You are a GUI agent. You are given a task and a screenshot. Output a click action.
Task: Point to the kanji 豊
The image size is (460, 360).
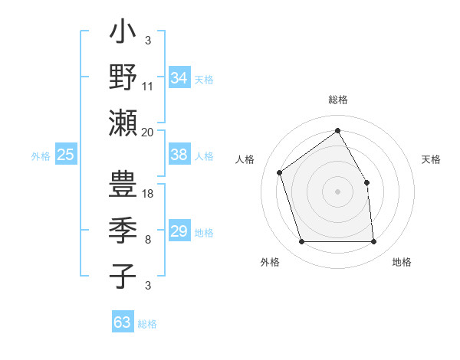[x=123, y=188]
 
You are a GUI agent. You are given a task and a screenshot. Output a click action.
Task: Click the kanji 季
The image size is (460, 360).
[x=123, y=232]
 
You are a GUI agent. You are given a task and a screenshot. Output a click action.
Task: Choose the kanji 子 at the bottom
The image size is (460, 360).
[x=123, y=276]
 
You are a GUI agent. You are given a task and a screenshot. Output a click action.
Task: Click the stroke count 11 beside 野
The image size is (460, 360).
[x=148, y=87]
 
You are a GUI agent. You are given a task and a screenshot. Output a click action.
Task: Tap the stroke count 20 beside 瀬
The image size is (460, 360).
[x=148, y=132]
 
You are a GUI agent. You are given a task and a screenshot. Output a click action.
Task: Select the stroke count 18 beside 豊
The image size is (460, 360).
[x=148, y=194]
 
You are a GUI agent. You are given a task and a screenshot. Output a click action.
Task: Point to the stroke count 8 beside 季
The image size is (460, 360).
[x=148, y=240]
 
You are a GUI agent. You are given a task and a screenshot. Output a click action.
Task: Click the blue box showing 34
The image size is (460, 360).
[x=179, y=78]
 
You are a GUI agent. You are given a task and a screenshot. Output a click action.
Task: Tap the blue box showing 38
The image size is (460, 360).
[x=179, y=155]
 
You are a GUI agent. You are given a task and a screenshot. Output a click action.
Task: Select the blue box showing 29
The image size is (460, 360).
[x=179, y=231]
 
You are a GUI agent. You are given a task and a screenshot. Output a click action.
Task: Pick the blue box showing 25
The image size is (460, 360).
[x=65, y=155]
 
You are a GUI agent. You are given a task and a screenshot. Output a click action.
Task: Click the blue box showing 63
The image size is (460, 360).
[x=123, y=322]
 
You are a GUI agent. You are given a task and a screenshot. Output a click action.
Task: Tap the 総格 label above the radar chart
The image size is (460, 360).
[x=338, y=100]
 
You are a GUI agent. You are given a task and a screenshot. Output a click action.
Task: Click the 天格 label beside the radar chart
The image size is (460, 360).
[x=431, y=159]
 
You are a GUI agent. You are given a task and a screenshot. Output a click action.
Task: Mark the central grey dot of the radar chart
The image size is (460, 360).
[x=338, y=191]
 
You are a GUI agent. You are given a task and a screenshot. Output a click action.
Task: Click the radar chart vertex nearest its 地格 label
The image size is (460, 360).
[x=373, y=242]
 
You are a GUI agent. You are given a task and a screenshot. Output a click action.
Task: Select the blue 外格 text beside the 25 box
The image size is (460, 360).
[x=41, y=156]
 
